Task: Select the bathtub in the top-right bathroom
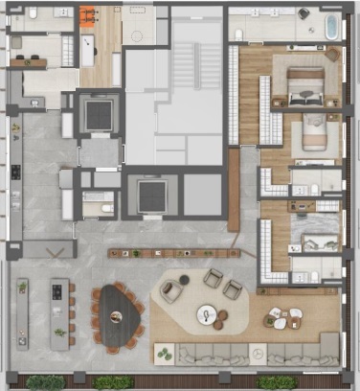[x=332, y=26]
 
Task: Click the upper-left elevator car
[x=99, y=115]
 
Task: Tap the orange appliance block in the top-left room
[x=88, y=16]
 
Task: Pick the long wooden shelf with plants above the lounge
[x=174, y=254]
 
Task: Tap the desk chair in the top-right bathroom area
[x=304, y=14]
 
